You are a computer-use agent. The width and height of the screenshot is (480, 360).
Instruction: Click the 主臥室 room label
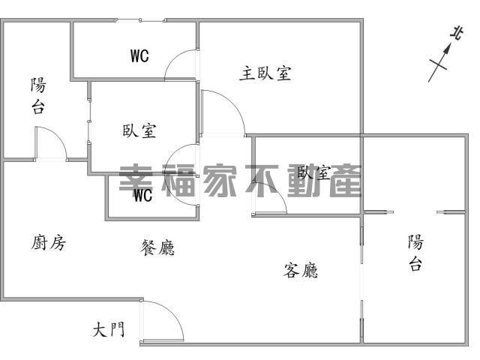click(265, 73)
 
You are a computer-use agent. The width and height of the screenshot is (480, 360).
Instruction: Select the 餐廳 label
click(158, 247)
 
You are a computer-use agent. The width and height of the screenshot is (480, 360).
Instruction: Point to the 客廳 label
click(301, 270)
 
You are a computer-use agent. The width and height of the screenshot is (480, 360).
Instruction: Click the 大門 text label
click(109, 329)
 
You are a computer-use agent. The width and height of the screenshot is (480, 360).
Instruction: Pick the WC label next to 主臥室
click(139, 55)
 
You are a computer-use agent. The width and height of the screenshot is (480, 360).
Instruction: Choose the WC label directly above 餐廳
click(142, 196)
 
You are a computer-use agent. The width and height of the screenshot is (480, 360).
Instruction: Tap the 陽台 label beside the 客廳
click(415, 253)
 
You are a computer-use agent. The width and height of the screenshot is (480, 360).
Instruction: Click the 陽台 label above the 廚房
click(37, 95)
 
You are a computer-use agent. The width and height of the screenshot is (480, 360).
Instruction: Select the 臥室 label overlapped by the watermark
click(314, 173)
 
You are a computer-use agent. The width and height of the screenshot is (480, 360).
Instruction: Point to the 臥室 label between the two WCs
click(139, 130)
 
